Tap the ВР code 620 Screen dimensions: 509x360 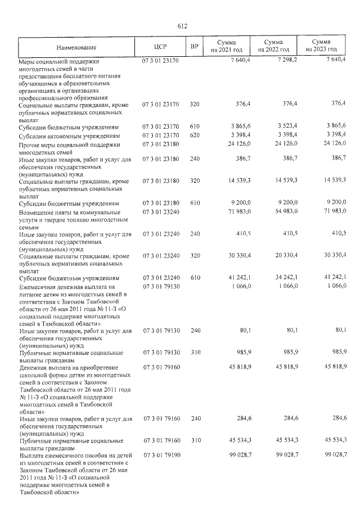pyautogui.click(x=195, y=136)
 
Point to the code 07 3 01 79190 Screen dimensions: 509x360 pyautogui.click(x=160, y=454)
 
